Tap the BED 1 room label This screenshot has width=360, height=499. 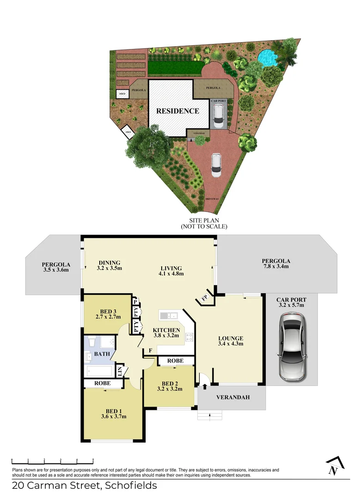pos(114,413)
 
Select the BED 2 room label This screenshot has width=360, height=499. pos(170,385)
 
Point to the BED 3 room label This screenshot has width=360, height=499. pos(108,314)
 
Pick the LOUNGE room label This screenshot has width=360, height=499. pos(231,340)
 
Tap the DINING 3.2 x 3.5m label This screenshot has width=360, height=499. pos(109,265)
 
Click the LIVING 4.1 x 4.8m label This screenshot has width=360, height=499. pos(171,271)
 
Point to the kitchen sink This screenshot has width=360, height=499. pos(169,316)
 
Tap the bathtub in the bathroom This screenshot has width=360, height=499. pos(99,371)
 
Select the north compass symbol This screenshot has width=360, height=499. pos(334,467)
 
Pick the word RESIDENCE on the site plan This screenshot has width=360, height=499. pos(177,111)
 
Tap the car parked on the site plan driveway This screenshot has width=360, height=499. pos(215,165)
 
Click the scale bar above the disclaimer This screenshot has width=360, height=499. pos(53,461)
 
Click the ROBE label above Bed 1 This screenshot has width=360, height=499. pos(102,383)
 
